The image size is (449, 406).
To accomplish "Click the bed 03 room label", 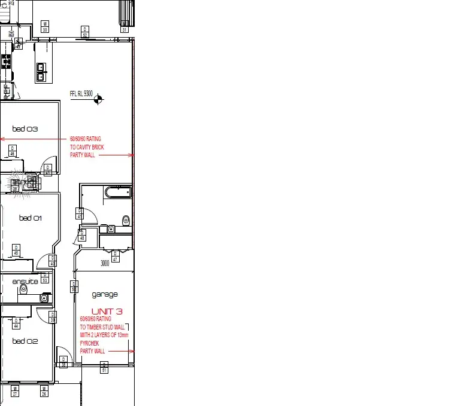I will pos(25,129).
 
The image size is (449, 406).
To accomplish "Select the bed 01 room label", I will pos(30,218).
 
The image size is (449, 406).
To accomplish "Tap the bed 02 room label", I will pos(25,341).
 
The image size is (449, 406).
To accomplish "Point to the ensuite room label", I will pos(25,281).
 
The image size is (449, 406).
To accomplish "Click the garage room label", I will pos(105,294).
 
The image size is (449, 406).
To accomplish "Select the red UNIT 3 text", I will pos(107,311).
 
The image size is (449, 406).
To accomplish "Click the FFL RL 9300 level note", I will pos(81,94).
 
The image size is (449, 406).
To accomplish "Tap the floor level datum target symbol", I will pos(99,99).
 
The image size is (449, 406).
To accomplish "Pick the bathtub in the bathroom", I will pos(118,192).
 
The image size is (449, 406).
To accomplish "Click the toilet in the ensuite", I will pos(24,289).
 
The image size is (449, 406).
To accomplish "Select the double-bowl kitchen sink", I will pos(41,72).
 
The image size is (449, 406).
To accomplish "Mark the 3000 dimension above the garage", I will pos(105,263).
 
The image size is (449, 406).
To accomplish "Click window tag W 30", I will pos(45,26).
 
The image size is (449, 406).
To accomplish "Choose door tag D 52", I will pos(85,32).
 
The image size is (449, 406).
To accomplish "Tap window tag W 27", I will pos(16,392).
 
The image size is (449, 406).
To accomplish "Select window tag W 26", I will pos(44,392).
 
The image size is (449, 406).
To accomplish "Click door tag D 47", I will pos(115,257).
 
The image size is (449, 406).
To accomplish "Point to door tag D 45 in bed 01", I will pos(16,249).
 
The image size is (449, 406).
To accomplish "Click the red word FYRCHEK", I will pos(89,343).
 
